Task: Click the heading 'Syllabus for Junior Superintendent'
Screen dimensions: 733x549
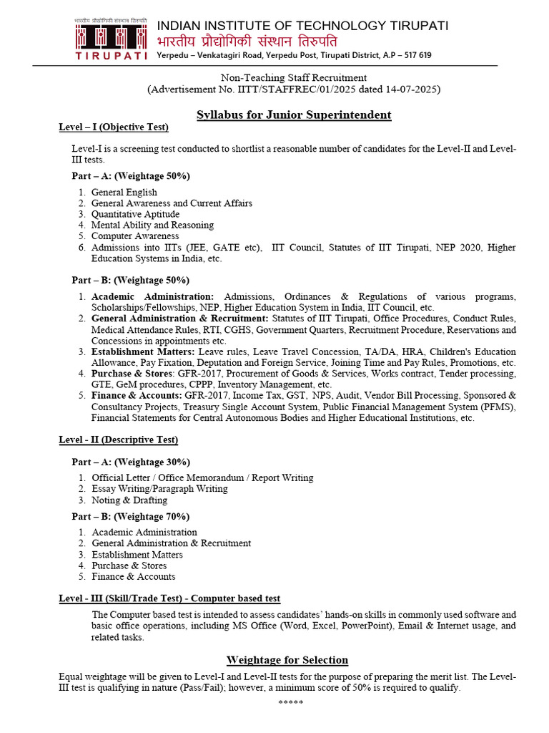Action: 294,115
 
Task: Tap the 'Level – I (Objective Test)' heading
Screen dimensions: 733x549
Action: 114,127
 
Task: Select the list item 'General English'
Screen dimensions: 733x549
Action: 124,193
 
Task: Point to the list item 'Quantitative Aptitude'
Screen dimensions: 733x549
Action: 135,214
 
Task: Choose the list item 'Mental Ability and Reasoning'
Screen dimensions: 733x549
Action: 152,225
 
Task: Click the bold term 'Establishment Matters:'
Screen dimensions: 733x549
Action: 142,351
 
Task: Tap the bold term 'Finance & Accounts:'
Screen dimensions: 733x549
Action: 136,395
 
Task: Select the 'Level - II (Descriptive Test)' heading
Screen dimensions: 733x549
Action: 119,440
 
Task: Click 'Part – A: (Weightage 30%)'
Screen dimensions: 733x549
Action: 131,462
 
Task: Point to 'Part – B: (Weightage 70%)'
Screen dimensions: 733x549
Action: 131,516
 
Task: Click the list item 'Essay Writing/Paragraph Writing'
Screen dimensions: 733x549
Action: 159,488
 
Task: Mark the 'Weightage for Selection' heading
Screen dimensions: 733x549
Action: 287,660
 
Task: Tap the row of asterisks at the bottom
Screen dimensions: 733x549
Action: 291,702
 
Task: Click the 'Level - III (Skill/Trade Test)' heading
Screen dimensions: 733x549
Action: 169,598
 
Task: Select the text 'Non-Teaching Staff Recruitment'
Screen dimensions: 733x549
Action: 294,77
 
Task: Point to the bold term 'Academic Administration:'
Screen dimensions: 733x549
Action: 152,296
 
